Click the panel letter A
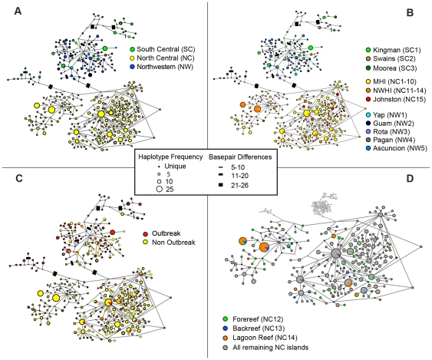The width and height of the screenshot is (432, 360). click(x=18, y=12)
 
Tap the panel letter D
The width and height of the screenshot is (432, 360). click(x=410, y=179)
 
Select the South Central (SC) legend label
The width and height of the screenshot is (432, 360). click(x=166, y=49)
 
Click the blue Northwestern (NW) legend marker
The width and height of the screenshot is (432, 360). click(x=132, y=67)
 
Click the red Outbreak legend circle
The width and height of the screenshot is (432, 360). click(x=146, y=234)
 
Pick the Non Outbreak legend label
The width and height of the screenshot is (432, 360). click(x=173, y=243)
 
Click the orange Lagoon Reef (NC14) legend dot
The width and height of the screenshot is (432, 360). click(x=226, y=338)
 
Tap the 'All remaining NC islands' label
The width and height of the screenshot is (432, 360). click(x=271, y=347)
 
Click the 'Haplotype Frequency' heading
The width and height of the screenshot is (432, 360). click(x=170, y=157)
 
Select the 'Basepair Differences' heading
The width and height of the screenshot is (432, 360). click(x=240, y=157)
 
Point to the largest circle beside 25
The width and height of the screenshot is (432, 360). click(x=159, y=189)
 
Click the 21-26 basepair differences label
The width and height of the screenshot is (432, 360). click(x=239, y=186)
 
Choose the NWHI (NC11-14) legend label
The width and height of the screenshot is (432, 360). click(x=400, y=91)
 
